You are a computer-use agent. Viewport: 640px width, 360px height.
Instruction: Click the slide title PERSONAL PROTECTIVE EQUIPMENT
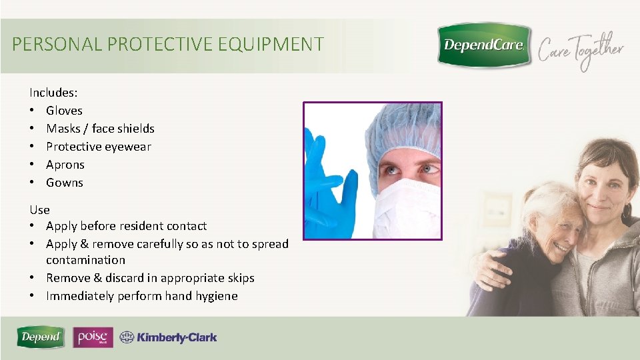point(168,45)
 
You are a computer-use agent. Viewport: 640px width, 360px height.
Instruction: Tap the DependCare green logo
point(484,45)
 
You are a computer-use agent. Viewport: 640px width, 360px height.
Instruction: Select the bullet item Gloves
point(64,111)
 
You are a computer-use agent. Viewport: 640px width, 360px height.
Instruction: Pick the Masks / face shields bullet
point(100,129)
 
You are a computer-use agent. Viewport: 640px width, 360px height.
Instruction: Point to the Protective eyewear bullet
point(98,147)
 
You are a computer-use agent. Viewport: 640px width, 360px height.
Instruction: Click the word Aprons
point(65,165)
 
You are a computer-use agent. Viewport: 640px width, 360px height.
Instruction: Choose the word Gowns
point(65,183)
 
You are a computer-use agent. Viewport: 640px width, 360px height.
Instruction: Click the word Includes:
point(53,93)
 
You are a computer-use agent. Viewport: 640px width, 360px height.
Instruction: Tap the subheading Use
point(39,210)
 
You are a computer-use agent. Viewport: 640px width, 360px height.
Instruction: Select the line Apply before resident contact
point(126,227)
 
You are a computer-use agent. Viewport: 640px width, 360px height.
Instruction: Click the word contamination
point(85,260)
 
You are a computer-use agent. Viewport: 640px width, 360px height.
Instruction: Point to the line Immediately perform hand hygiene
point(141,296)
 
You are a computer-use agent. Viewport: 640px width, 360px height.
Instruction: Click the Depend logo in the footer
point(41,337)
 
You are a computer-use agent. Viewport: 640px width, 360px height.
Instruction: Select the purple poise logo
point(93,337)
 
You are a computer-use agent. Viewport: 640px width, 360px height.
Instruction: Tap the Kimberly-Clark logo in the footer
point(169,338)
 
